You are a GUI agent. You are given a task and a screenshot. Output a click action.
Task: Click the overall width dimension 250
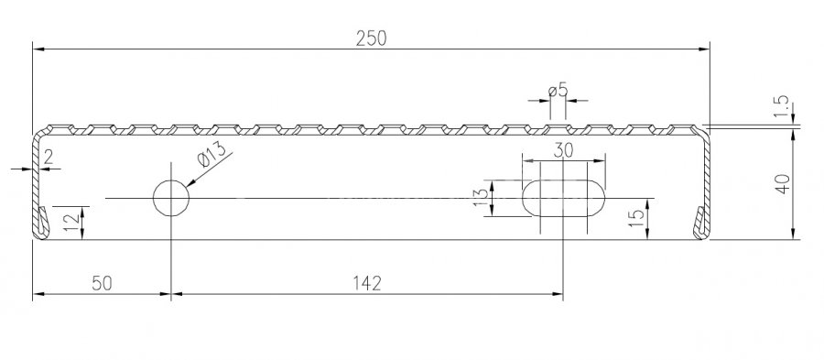(371, 38)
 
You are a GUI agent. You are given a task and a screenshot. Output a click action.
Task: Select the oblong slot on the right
(563, 198)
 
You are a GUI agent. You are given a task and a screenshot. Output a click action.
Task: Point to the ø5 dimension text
(558, 91)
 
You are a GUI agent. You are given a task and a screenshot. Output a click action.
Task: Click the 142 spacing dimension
(367, 283)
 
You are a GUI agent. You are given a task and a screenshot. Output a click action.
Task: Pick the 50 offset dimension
(102, 283)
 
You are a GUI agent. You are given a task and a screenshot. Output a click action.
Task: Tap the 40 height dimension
(783, 183)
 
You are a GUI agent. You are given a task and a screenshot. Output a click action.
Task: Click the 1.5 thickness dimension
(782, 106)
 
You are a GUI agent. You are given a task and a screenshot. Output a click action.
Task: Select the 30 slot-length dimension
(563, 151)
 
